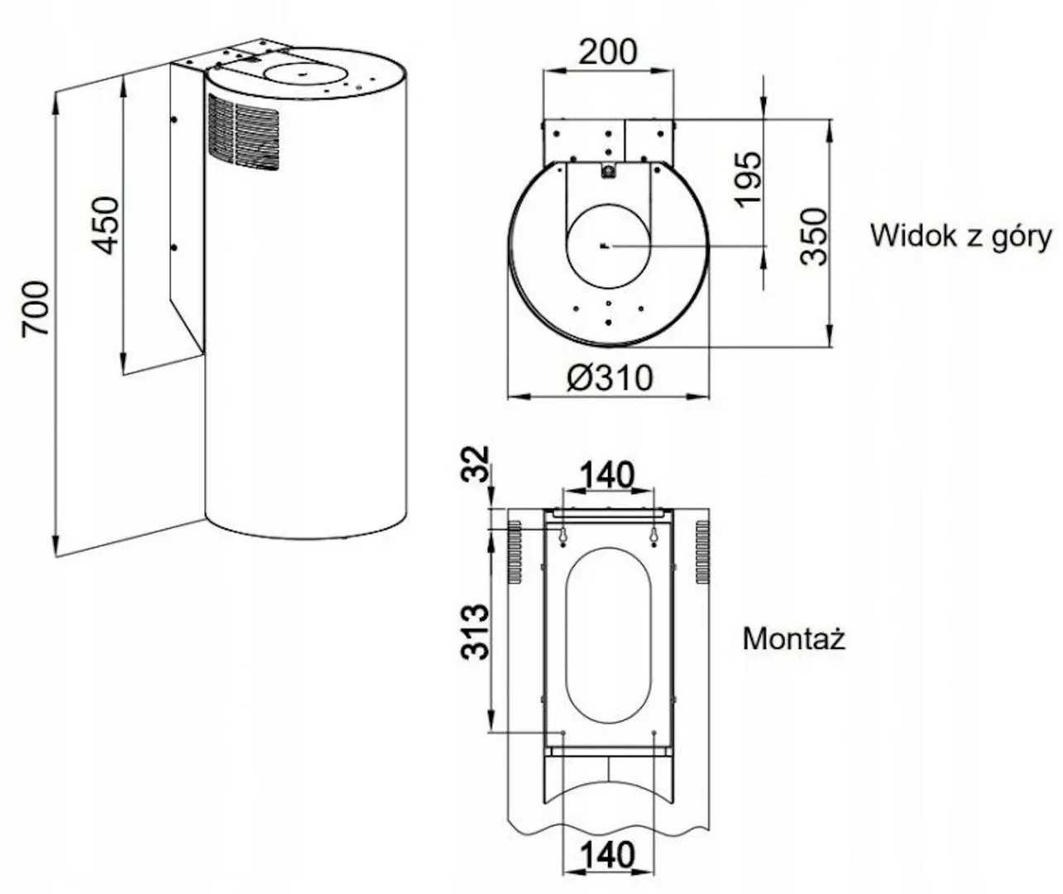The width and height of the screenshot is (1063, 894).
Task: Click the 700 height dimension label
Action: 36,308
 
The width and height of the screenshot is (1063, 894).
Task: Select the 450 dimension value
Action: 105,224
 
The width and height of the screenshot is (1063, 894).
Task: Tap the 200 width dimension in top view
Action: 607,51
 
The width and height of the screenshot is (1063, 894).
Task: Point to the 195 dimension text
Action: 747,179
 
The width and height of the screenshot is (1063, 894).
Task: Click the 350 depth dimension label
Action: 815,235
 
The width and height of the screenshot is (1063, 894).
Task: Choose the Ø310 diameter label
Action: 610,378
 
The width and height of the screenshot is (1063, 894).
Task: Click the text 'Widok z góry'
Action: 960,236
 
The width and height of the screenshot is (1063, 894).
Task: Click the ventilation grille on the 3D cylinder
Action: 243,132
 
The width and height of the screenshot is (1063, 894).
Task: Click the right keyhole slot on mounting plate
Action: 654,536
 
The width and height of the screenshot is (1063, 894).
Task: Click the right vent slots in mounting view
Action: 702,551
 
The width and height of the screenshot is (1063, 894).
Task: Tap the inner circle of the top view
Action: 607,245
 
